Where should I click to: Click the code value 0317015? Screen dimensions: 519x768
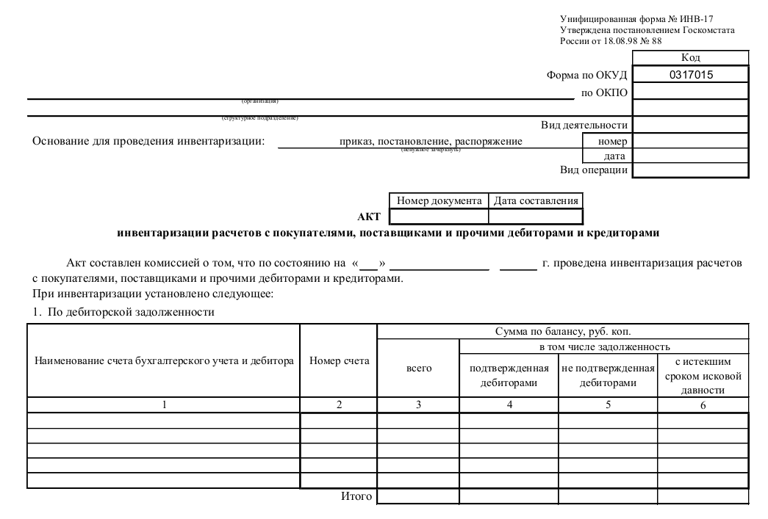(x=690, y=74)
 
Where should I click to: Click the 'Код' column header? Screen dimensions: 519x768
(x=690, y=57)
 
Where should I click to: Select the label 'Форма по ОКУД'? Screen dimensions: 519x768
(x=586, y=75)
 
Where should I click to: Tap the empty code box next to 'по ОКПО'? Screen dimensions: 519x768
(x=690, y=92)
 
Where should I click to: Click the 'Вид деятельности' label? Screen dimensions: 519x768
(x=584, y=126)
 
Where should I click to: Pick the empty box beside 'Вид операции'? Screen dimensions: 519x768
(x=690, y=170)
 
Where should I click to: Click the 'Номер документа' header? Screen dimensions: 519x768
(x=439, y=200)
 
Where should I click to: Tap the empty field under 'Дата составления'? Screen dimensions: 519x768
(x=535, y=217)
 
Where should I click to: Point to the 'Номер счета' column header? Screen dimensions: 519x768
(x=339, y=360)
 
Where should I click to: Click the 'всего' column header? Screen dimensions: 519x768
(x=418, y=368)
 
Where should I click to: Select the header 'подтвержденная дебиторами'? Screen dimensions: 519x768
(x=509, y=375)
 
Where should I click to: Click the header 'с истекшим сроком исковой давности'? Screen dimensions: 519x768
(x=703, y=375)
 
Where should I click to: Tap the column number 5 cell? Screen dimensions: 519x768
(x=608, y=405)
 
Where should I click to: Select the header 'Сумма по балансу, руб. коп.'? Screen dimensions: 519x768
(x=562, y=331)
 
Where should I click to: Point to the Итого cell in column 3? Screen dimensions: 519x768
(x=418, y=497)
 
